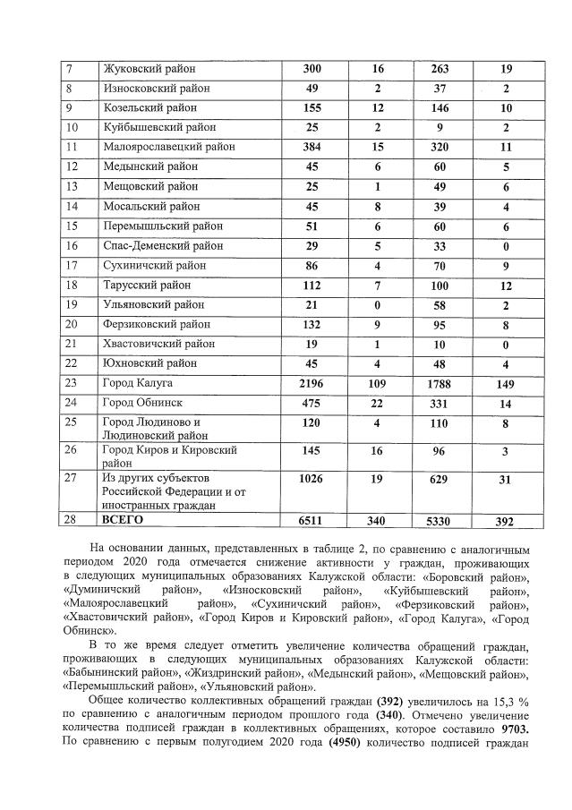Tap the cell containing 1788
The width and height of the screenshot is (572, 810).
[439, 383]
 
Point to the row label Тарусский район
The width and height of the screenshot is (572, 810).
[147, 285]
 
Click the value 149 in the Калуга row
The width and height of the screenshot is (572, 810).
[506, 383]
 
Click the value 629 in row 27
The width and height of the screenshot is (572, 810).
[439, 480]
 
